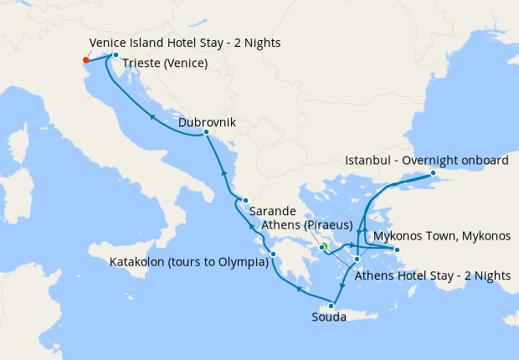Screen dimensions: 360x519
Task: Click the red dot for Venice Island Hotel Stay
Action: (x=85, y=60)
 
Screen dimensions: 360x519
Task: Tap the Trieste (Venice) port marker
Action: (x=116, y=55)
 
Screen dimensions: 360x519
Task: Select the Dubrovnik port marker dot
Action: (x=206, y=131)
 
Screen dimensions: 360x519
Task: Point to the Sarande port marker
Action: (x=245, y=200)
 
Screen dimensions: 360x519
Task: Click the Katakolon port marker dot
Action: (x=274, y=253)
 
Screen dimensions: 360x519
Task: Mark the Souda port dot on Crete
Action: (x=331, y=306)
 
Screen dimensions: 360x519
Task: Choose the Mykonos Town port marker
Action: (x=397, y=249)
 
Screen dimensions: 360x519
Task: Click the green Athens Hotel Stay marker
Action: (x=324, y=246)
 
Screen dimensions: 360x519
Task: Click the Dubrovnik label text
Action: (x=207, y=122)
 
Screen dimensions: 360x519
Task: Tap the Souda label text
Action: (x=328, y=318)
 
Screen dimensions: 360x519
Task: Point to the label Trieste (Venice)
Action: (x=165, y=63)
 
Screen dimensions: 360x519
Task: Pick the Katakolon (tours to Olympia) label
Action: (x=188, y=262)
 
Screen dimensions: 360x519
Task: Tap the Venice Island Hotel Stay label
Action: (x=184, y=43)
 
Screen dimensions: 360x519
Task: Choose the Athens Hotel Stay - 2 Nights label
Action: (x=432, y=275)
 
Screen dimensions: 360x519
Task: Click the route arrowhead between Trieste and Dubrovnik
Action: (x=151, y=116)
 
